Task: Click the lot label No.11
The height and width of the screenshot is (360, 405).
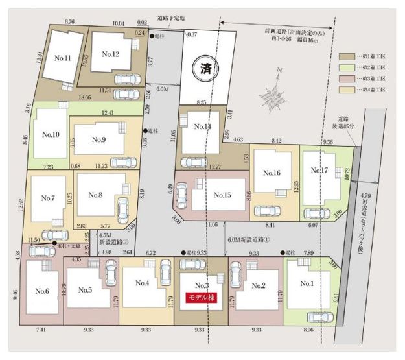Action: (x=63, y=58)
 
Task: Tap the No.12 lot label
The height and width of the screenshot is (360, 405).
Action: (x=106, y=54)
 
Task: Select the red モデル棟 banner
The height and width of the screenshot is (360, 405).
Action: (x=201, y=297)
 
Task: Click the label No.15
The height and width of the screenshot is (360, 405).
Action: (x=222, y=195)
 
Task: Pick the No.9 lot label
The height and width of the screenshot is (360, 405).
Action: (x=98, y=139)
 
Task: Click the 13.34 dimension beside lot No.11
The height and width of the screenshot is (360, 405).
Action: (x=40, y=57)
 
